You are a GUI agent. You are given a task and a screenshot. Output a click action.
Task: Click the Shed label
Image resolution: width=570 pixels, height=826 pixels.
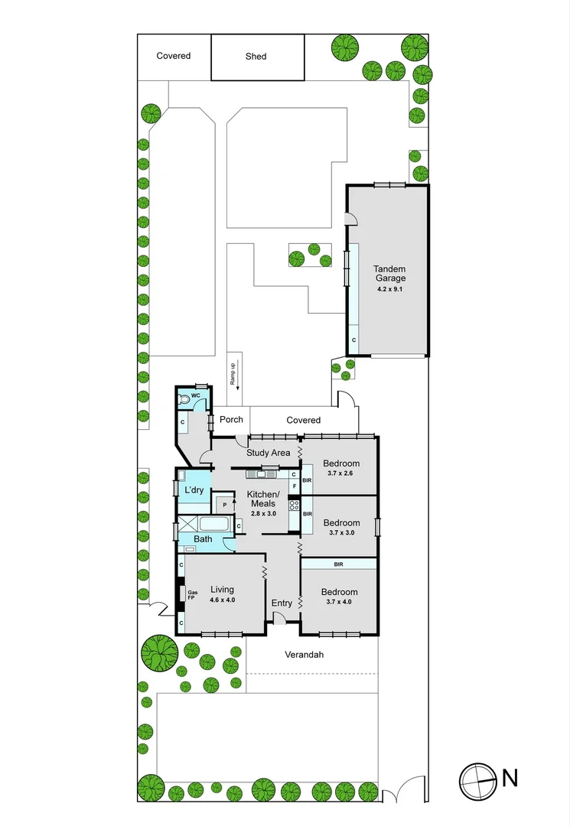(256, 56)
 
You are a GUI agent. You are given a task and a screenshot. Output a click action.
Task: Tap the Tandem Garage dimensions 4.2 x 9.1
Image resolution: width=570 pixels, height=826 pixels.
(389, 289)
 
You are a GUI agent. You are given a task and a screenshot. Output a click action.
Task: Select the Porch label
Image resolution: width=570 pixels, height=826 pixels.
(231, 420)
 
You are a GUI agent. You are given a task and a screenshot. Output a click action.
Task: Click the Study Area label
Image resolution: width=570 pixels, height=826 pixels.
(268, 453)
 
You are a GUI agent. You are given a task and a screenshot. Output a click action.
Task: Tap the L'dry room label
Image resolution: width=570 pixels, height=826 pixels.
(194, 489)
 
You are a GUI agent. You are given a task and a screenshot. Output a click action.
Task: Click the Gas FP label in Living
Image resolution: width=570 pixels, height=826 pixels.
(193, 596)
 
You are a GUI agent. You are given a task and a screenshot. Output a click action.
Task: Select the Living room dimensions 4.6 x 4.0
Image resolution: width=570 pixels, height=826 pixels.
(222, 600)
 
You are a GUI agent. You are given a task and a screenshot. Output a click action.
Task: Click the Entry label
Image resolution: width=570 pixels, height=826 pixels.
(282, 603)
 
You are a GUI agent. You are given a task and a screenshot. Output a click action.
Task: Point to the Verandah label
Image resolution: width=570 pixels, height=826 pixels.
(305, 655)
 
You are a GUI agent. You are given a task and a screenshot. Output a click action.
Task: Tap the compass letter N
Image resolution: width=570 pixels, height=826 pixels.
(510, 779)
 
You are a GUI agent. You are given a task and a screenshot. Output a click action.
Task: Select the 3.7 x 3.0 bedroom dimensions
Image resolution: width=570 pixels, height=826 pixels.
(340, 533)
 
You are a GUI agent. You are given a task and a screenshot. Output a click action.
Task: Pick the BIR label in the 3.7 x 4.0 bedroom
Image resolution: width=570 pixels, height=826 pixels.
(338, 564)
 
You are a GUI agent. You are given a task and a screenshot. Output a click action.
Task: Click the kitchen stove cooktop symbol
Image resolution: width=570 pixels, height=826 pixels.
(294, 506)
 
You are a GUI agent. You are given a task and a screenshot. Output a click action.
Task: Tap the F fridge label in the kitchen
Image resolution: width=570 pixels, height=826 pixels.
(294, 486)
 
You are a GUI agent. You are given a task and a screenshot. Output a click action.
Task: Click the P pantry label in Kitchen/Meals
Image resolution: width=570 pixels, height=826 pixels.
(224, 505)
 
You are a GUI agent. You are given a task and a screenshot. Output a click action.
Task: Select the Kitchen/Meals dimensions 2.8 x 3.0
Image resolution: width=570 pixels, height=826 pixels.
(262, 513)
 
